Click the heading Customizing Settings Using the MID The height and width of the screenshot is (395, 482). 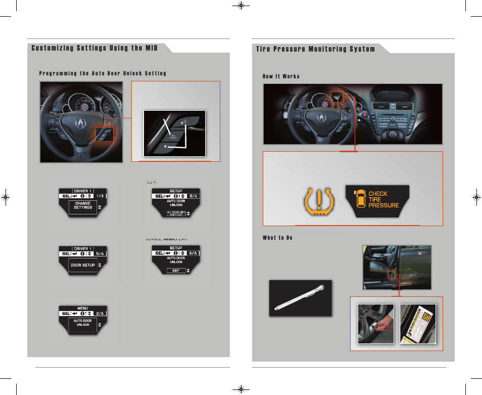click(x=94, y=49)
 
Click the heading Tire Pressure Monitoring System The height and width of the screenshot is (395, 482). click(x=315, y=49)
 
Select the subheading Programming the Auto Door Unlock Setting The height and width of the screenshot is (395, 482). click(x=103, y=73)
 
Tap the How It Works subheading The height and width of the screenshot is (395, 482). click(x=281, y=76)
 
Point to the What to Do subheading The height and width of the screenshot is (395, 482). click(x=278, y=238)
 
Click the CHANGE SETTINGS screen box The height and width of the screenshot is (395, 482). click(x=83, y=206)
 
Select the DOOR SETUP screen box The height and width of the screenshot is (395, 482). click(x=83, y=265)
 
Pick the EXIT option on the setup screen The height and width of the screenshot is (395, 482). click(x=175, y=271)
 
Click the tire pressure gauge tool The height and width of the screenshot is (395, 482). click(x=300, y=298)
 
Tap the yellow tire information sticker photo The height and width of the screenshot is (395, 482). click(x=417, y=324)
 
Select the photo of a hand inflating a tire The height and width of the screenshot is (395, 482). click(x=376, y=324)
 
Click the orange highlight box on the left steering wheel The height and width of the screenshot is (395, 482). click(x=105, y=135)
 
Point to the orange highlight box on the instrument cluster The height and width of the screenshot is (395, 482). click(x=338, y=97)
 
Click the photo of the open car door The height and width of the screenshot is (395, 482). click(x=397, y=267)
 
